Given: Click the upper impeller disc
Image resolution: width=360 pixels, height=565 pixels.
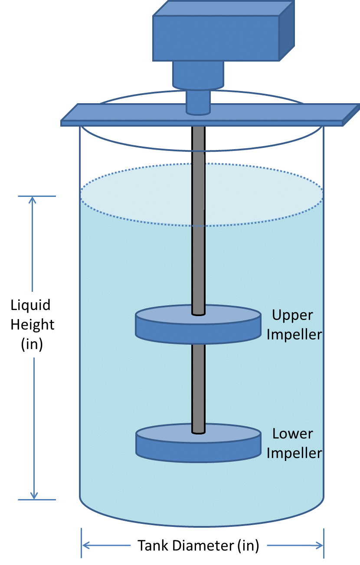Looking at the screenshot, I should (198, 325).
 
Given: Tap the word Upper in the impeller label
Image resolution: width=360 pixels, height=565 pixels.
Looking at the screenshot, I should (292, 315).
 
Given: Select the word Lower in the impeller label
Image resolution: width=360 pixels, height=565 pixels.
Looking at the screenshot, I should (293, 434).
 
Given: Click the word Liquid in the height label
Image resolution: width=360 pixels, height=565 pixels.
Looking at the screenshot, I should (31, 305).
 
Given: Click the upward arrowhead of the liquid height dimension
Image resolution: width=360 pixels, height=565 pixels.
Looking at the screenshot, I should (33, 200).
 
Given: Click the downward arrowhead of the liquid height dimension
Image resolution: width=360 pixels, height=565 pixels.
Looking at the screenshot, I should (33, 496).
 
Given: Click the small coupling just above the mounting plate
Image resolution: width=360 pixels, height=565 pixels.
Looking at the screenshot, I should (198, 102).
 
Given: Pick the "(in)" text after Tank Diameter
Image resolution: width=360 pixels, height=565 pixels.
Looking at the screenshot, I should (248, 545).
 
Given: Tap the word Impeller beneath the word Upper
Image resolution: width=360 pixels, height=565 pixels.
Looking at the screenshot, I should (294, 334).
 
